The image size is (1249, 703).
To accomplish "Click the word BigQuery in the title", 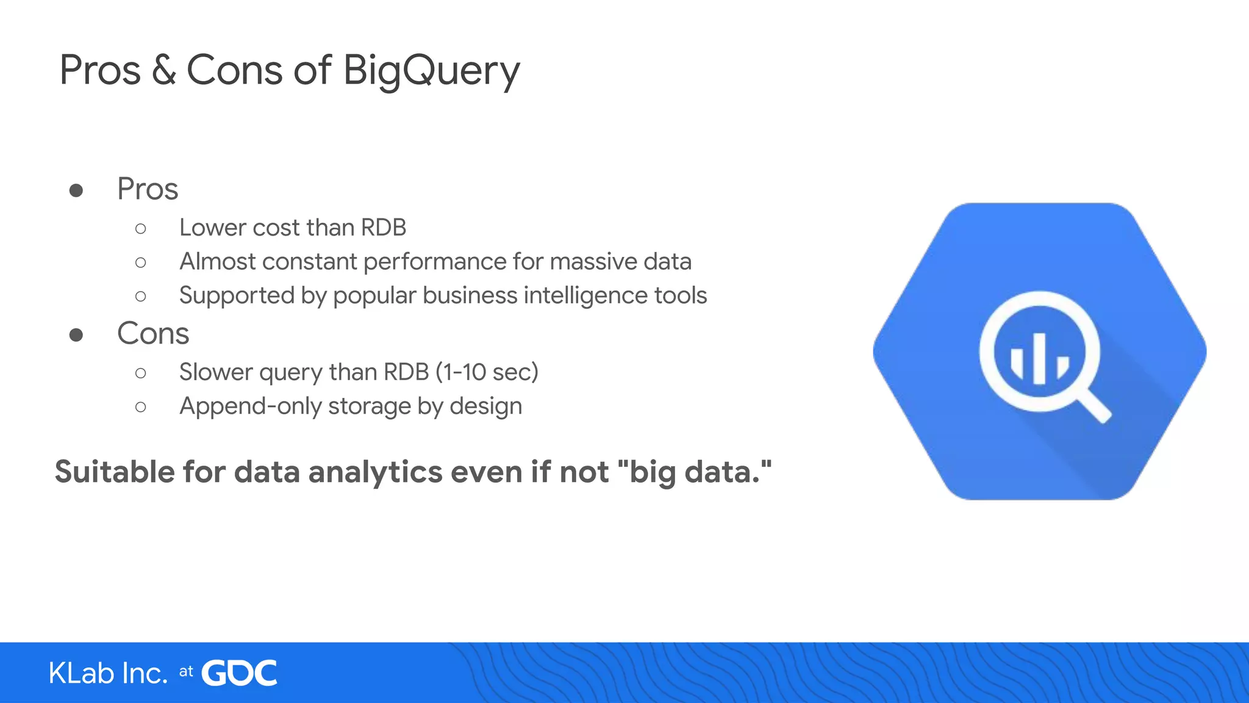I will tap(431, 71).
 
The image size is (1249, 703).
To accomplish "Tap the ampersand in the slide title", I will tap(163, 70).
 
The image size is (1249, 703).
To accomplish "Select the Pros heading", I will tap(148, 189).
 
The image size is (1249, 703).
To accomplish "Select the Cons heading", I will tap(153, 333).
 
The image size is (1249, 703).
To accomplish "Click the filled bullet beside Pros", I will tap(76, 190).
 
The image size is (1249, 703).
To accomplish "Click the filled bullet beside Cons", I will tap(76, 335).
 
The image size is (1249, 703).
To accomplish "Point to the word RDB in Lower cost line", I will tap(383, 228).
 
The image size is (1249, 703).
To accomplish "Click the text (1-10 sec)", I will tap(487, 372).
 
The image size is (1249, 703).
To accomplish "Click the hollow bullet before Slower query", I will tap(141, 373).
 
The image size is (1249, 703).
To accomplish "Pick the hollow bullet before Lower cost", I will tap(141, 229).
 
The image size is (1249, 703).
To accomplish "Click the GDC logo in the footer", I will tap(239, 673).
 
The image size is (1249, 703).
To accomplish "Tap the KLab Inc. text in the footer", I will tap(108, 673).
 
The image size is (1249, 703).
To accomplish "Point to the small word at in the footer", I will tap(186, 672).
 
